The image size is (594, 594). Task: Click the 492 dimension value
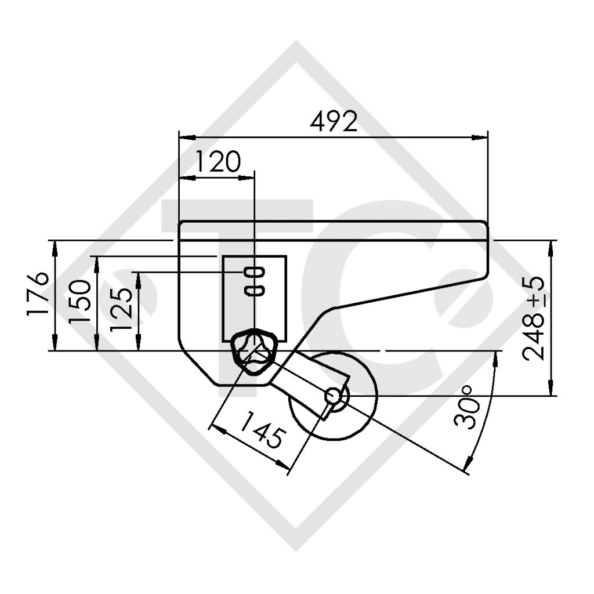click(x=334, y=122)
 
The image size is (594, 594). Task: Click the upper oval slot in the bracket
click(x=255, y=272)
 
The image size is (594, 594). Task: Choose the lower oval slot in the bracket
click(x=255, y=290)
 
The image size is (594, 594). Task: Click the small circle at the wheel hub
click(x=334, y=396)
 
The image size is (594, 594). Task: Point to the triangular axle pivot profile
click(x=253, y=352)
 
